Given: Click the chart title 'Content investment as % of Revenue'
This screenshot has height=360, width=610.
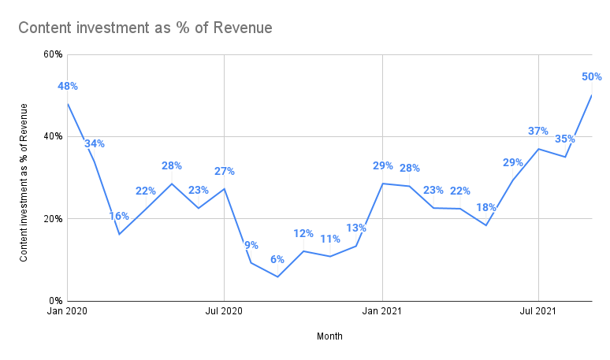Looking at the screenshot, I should [145, 28].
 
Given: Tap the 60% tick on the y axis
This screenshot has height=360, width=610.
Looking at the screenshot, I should [53, 54].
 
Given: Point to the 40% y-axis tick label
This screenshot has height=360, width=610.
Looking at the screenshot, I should [53, 136].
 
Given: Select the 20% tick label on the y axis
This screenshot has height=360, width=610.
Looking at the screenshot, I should [53, 218].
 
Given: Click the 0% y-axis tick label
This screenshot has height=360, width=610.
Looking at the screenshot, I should [55, 301].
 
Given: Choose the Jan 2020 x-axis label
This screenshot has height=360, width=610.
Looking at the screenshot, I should [67, 313].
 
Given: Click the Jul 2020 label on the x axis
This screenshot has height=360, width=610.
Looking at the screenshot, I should [224, 313].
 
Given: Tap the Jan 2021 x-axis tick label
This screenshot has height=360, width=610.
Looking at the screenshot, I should [381, 313].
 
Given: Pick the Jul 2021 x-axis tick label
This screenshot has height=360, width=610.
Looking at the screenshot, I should [538, 313].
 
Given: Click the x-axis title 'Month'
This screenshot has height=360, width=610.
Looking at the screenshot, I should [329, 336].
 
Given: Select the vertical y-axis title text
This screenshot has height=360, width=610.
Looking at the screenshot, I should [24, 182].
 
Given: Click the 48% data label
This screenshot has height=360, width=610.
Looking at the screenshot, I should [68, 86].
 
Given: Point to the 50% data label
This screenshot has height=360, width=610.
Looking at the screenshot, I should [592, 76].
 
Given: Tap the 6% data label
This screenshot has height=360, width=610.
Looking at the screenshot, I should [277, 259].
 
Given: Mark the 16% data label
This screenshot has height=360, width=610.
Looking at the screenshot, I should [119, 216].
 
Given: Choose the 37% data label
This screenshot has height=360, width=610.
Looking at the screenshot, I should [538, 131].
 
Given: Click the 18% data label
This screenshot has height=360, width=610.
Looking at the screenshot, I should [486, 207].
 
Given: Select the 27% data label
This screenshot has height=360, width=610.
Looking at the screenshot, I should [225, 171].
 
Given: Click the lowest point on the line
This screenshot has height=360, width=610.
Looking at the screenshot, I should [277, 276].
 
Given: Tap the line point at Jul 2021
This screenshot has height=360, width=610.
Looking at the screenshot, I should [538, 149].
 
